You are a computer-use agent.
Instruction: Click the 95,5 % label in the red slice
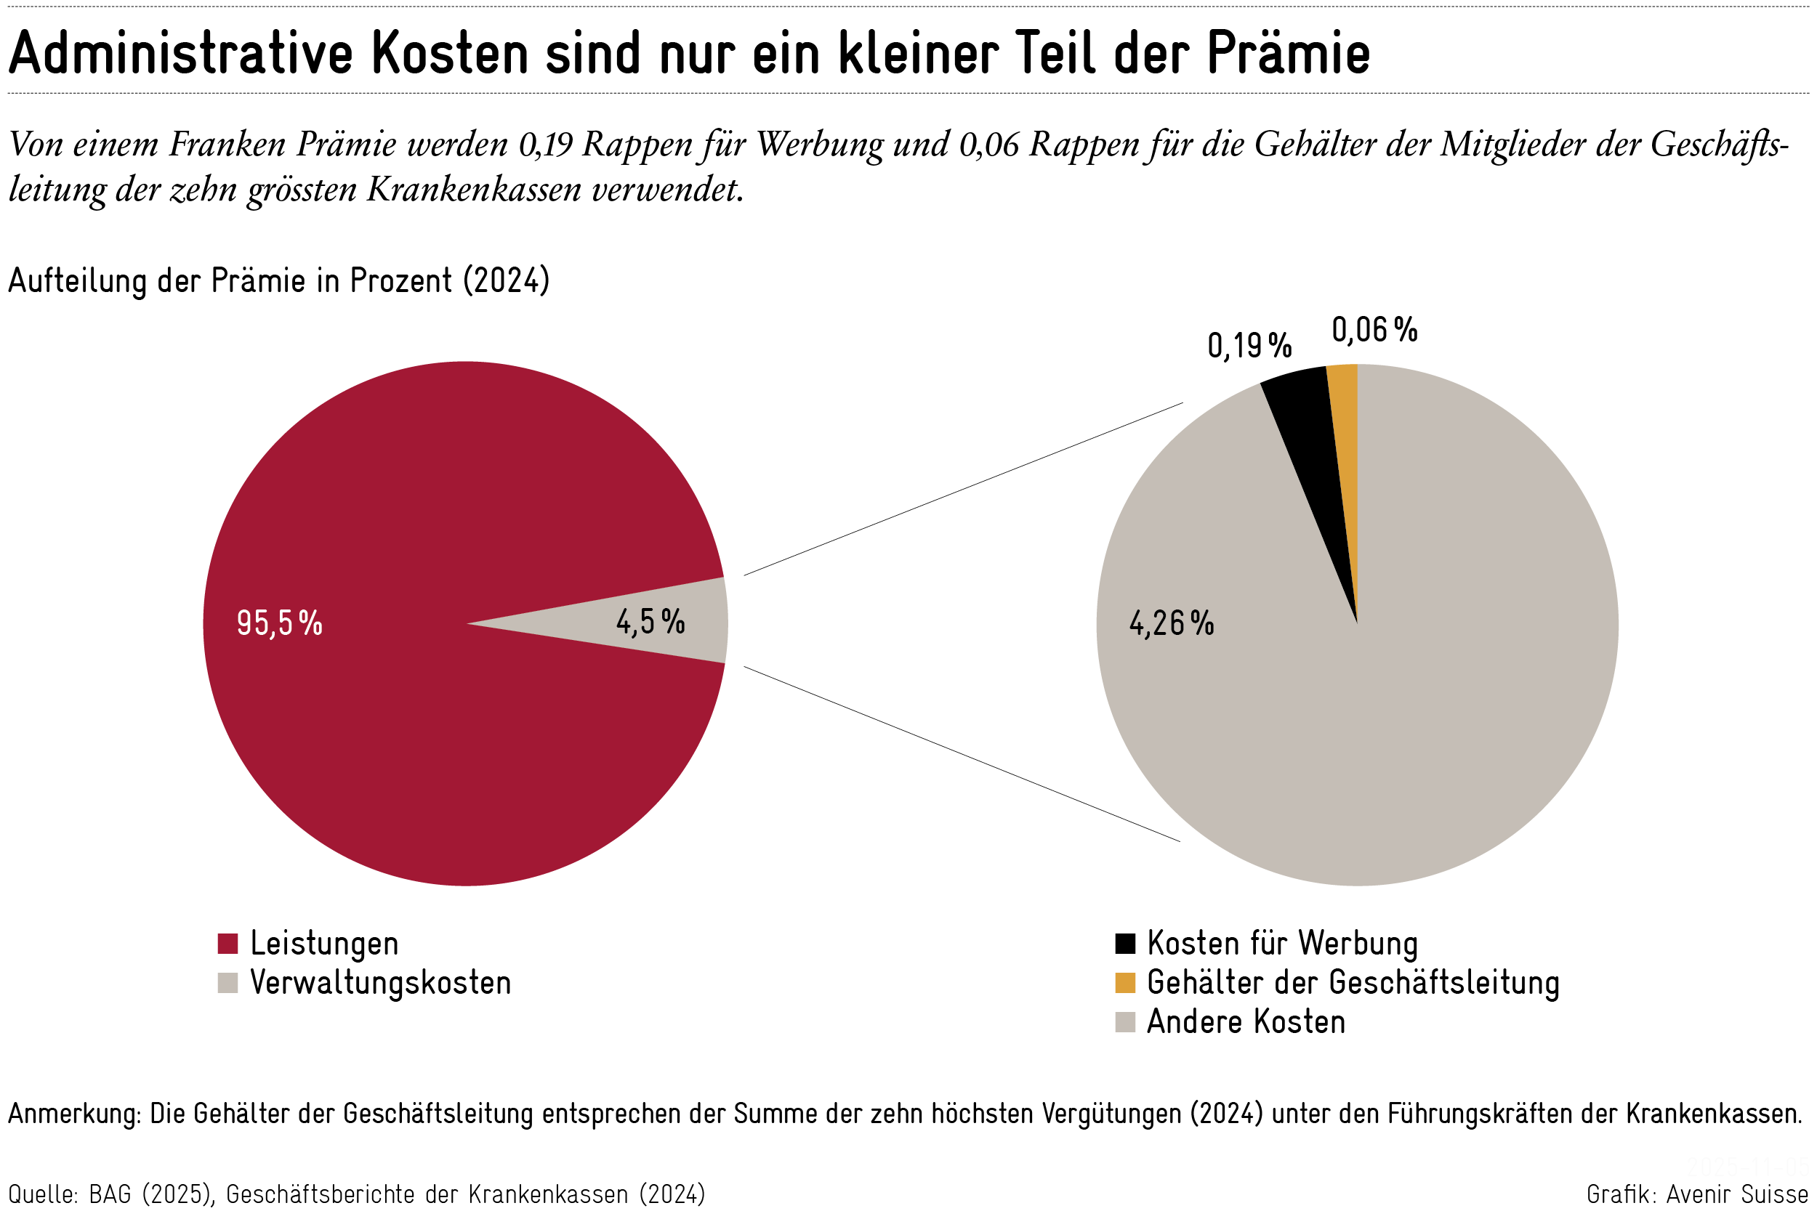pos(279,623)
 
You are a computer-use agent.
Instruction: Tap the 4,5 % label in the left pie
pos(650,622)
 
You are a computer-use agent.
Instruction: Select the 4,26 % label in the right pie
pos(1171,623)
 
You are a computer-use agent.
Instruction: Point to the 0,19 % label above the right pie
pos(1249,345)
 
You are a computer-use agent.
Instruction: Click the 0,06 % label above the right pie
pos(1374,330)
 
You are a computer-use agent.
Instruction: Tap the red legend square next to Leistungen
pos(227,944)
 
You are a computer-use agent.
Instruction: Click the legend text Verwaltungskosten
pos(380,983)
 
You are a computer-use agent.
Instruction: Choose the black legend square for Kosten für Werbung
pos(1125,944)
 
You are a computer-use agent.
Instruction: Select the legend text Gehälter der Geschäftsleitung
pos(1353,983)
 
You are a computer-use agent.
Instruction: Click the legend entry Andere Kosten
pos(1245,1023)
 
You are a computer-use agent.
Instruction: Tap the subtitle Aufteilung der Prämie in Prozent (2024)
pos(278,280)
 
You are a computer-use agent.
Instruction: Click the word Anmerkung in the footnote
pos(73,1114)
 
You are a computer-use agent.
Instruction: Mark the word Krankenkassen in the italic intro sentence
pos(473,189)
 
